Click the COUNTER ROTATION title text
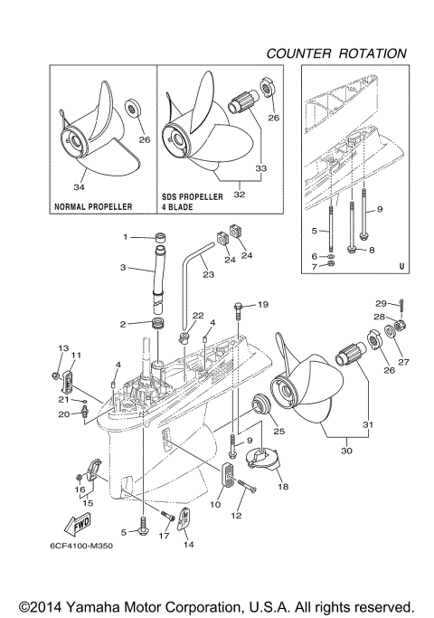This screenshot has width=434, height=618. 335,53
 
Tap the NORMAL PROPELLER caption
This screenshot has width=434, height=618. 94,206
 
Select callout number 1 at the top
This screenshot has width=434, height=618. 127,237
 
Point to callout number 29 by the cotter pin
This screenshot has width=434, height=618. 381,303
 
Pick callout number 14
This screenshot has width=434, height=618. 188,544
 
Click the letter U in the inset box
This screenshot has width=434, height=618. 400,267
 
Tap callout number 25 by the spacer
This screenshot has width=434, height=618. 279,432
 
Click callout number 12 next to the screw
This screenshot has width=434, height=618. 238,516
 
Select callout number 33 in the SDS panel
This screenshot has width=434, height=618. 262,167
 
